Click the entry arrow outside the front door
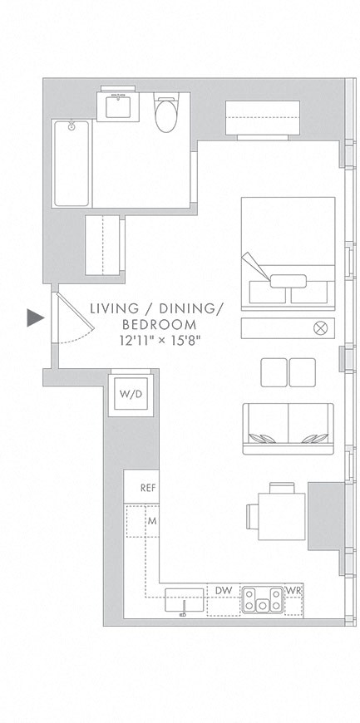[34, 317]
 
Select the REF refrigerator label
[148, 488]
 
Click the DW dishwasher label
[223, 590]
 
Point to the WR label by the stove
[293, 590]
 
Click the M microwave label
[152, 521]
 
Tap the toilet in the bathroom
[167, 114]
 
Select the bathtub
[72, 163]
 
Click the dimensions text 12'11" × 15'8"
[160, 340]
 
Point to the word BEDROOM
[160, 324]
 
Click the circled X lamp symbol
[320, 327]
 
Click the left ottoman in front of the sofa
[274, 372]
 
